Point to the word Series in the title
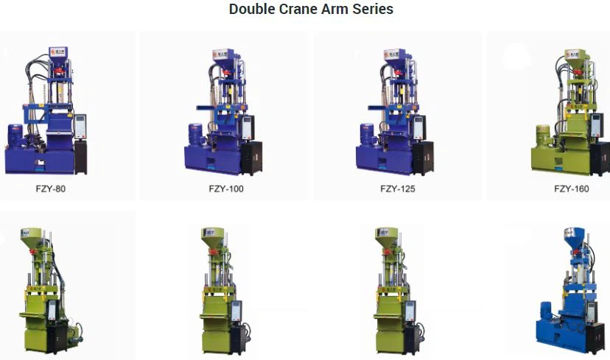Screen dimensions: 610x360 (373, 9)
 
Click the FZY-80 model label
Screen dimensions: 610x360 (51, 189)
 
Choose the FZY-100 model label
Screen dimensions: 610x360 (226, 189)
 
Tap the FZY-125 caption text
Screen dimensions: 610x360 (398, 189)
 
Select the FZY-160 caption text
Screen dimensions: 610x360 (572, 189)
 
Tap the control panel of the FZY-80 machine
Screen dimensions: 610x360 (80, 127)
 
